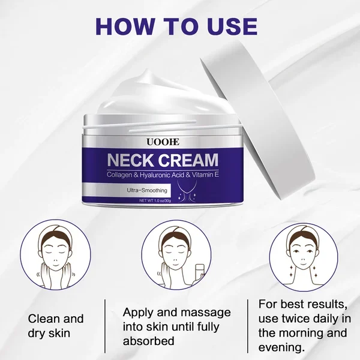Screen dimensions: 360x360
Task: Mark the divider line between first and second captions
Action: tap(106, 327)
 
